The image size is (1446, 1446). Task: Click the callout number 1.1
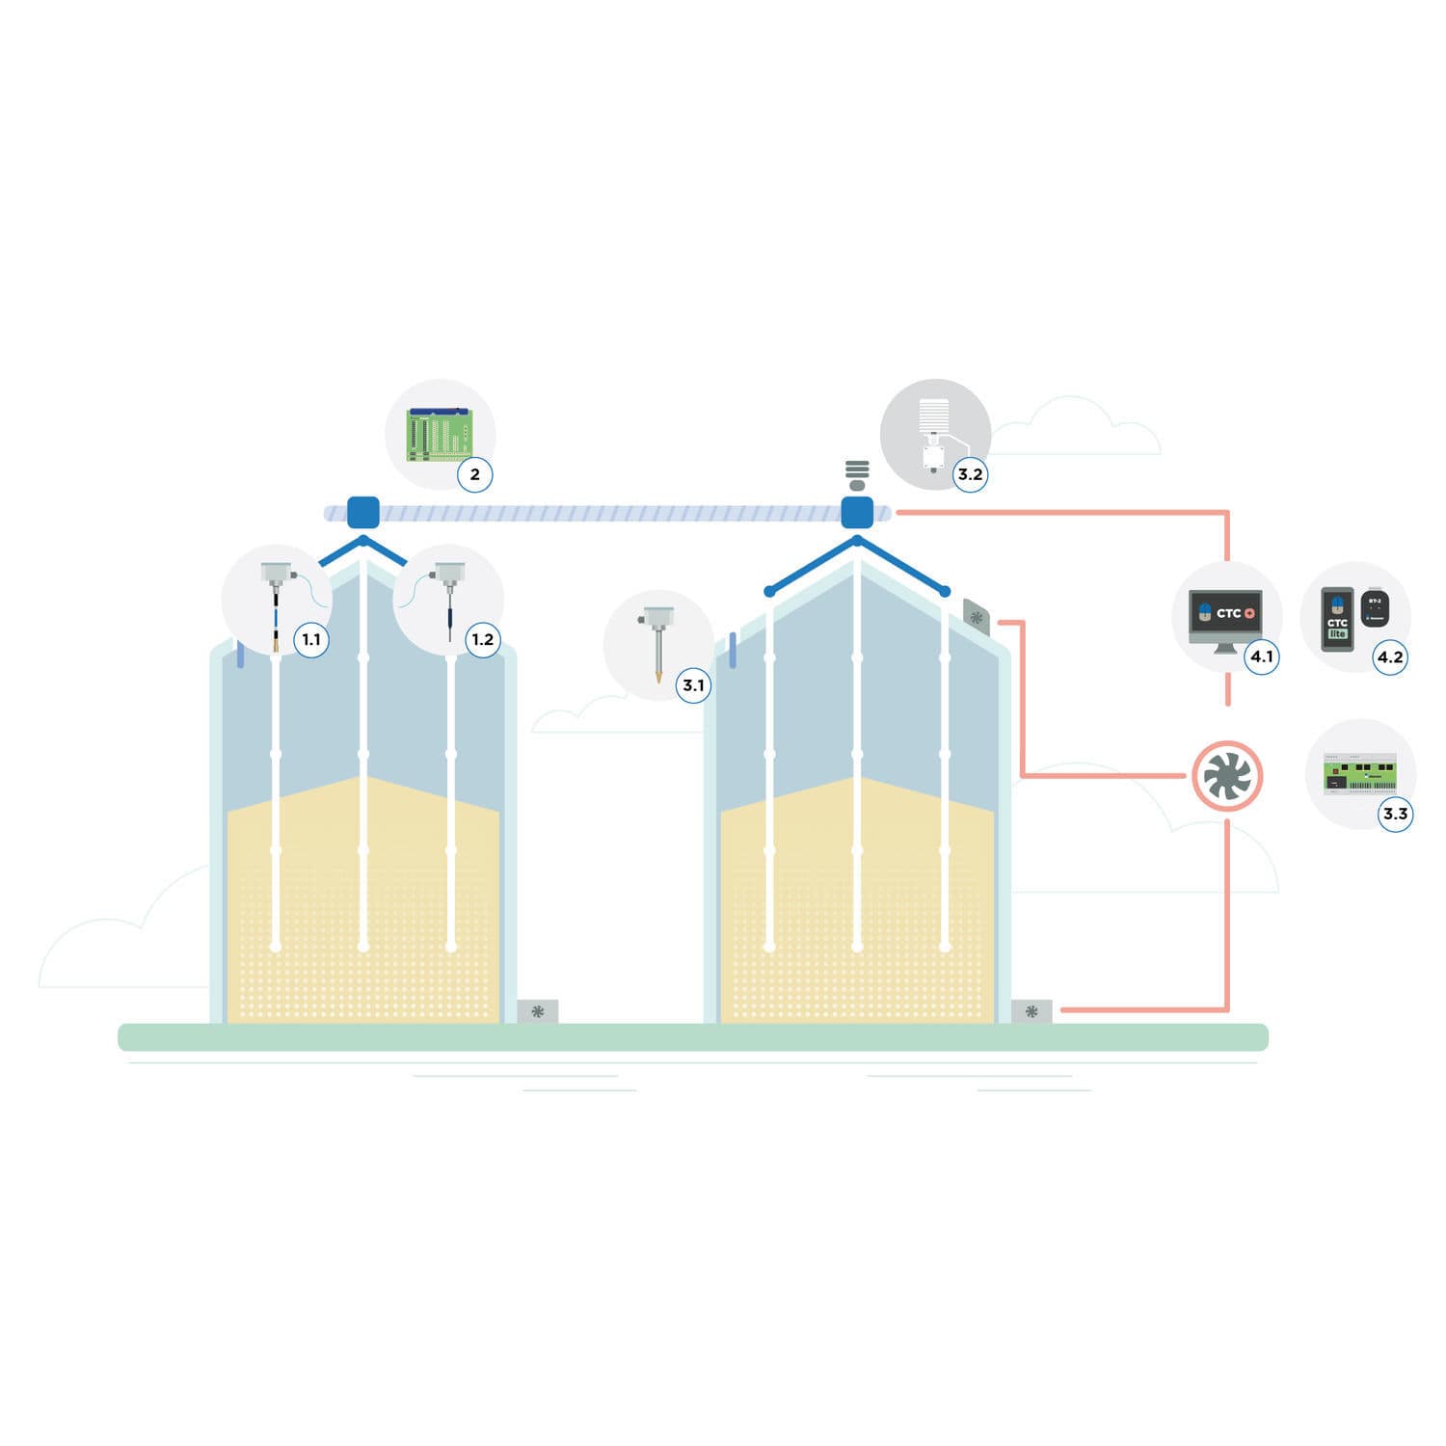[x=311, y=639]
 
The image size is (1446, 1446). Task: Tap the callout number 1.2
[x=482, y=639]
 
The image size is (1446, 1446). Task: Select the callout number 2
[x=474, y=473]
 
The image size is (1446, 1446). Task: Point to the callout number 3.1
[x=693, y=685]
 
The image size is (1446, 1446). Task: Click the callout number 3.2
[x=970, y=473]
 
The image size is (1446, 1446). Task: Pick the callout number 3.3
[x=1395, y=813]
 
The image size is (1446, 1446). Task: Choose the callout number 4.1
[x=1261, y=656]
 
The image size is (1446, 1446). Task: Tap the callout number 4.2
[x=1389, y=656]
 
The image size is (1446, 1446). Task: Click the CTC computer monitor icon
[x=1225, y=617]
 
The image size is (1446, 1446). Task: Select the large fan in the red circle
[x=1227, y=776]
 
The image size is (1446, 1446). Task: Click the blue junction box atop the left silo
[x=362, y=512]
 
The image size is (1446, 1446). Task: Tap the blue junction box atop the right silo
[x=857, y=512]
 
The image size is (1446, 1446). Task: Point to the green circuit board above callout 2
[x=439, y=435]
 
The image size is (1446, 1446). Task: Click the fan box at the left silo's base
[x=538, y=1011]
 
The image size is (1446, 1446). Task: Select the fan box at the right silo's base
[x=1031, y=1011]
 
